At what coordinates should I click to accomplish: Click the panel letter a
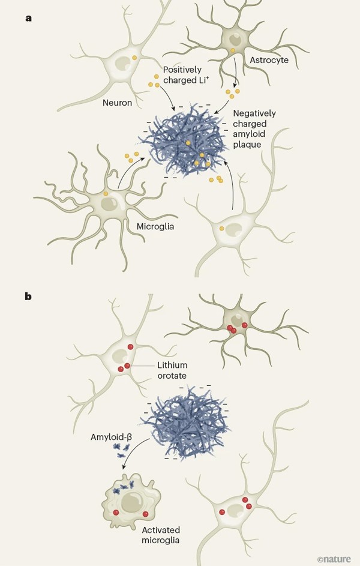[x=28, y=18]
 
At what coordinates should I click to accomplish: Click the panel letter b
[x=28, y=295]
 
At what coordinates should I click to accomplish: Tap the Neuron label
[x=117, y=103]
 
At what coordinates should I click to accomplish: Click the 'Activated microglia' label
[x=160, y=535]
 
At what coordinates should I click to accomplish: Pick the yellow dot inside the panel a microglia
[x=106, y=193]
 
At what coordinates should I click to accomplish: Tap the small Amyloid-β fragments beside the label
[x=120, y=451]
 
